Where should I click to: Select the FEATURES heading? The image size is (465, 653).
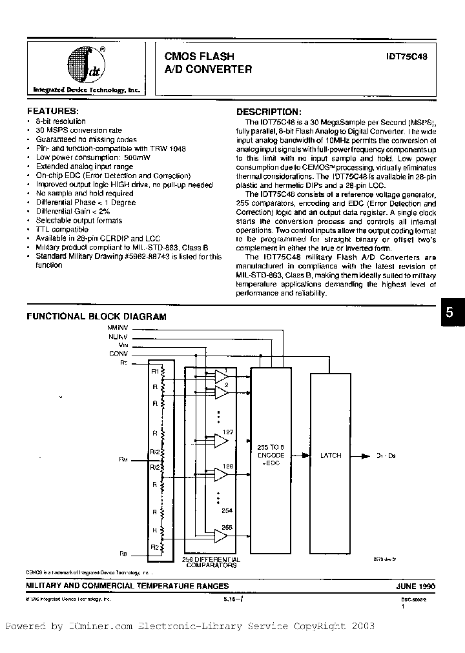click(x=52, y=111)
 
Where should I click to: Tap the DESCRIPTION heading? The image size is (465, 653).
click(x=269, y=111)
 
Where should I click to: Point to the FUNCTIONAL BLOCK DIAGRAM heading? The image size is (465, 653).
click(x=96, y=317)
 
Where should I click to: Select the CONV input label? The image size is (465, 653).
click(x=119, y=353)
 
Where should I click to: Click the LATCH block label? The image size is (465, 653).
click(x=331, y=456)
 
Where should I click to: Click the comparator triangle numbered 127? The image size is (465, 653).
click(x=221, y=441)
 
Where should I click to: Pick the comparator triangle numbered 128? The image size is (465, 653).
click(x=221, y=474)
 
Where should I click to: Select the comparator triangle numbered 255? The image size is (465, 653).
click(x=221, y=534)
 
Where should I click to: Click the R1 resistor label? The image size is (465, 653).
click(x=154, y=372)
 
